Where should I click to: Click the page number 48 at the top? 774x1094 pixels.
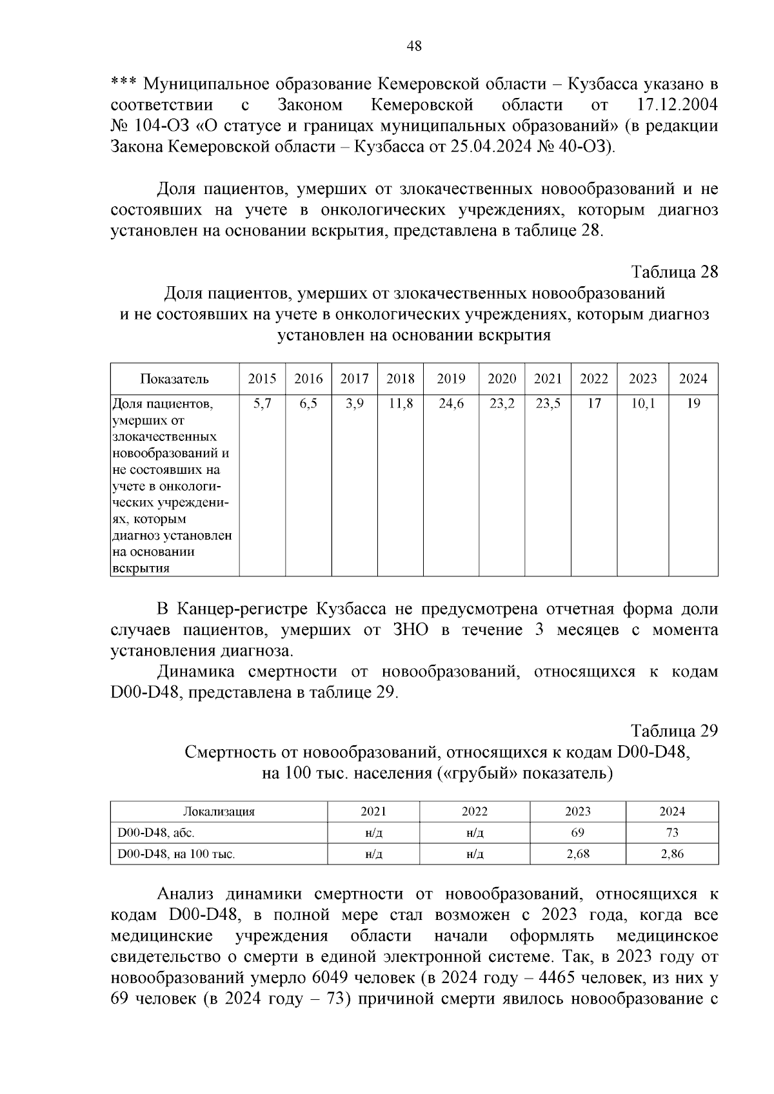point(414,46)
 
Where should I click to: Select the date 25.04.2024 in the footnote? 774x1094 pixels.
point(492,146)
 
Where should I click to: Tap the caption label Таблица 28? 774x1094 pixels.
point(674,271)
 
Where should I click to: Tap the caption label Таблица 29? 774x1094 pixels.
point(674,731)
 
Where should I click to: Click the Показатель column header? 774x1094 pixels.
point(175,378)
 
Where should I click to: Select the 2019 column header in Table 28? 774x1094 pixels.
point(451,378)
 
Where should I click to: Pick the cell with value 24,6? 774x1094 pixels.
point(451,404)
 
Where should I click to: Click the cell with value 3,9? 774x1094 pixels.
point(354,404)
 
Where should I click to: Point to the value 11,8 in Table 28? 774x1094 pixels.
point(400,404)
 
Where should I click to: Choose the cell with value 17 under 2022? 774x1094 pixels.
point(594,404)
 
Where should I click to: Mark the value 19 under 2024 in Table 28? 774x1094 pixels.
point(693,404)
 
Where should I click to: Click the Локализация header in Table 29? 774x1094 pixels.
point(219,812)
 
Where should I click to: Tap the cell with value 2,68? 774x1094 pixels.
point(577,854)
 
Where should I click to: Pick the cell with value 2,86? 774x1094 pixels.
point(672,854)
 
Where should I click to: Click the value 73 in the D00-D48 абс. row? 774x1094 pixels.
point(672,833)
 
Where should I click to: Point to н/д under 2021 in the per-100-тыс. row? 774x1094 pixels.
point(373,854)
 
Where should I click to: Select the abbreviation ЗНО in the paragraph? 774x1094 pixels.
point(411,630)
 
